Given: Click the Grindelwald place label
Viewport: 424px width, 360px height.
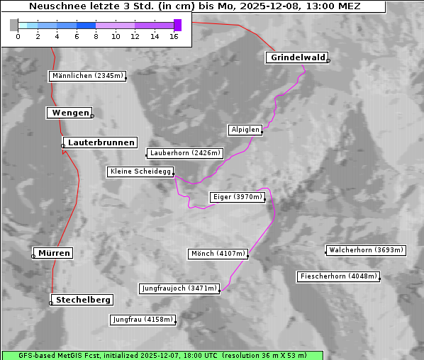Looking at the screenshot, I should pyautogui.click(x=296, y=58).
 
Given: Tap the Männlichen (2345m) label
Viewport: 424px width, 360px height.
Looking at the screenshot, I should pyautogui.click(x=87, y=76).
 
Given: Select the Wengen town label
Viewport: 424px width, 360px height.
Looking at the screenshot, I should pyautogui.click(x=69, y=113).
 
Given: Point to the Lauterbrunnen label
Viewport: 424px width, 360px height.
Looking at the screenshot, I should pyautogui.click(x=101, y=142).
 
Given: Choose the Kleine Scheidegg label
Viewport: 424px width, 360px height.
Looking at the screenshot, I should pyautogui.click(x=140, y=171).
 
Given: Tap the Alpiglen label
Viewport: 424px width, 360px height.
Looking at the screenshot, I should pyautogui.click(x=245, y=130).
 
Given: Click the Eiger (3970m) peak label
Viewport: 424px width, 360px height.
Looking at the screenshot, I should pyautogui.click(x=238, y=197).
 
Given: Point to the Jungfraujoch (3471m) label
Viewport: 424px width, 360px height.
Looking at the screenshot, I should pyautogui.click(x=179, y=288).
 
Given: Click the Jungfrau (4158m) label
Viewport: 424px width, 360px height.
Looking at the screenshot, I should pyautogui.click(x=143, y=320).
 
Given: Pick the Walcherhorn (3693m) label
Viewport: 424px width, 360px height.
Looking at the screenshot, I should pyautogui.click(x=366, y=250).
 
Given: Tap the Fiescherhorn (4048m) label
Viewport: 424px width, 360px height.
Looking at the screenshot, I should pyautogui.click(x=339, y=276).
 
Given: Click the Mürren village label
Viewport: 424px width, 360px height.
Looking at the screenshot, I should pyautogui.click(x=55, y=253).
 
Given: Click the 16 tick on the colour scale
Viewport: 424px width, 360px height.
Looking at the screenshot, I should pyautogui.click(x=174, y=36).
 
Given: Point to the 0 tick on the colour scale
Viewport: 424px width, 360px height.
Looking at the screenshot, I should pyautogui.click(x=18, y=36).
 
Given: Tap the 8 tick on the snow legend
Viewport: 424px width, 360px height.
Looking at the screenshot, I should pyautogui.click(x=96, y=36).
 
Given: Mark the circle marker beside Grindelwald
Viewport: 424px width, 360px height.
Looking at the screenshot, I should pyautogui.click(x=328, y=61).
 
